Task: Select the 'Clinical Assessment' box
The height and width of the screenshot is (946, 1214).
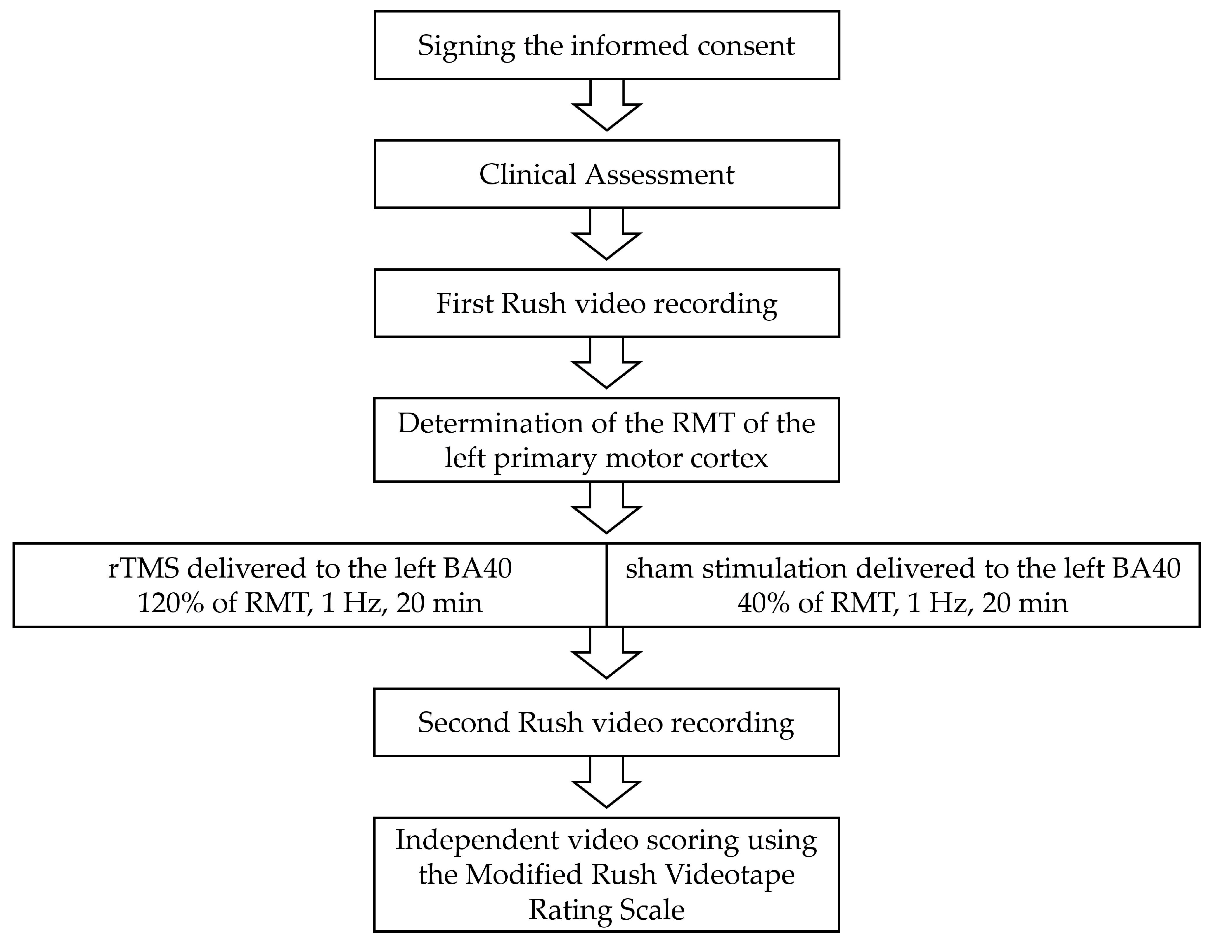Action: [x=607, y=175]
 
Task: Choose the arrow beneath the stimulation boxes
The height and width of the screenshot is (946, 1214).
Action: [x=607, y=654]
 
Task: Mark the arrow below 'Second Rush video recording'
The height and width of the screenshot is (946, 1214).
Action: [x=607, y=784]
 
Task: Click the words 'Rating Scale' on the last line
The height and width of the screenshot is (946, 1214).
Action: [x=607, y=910]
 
